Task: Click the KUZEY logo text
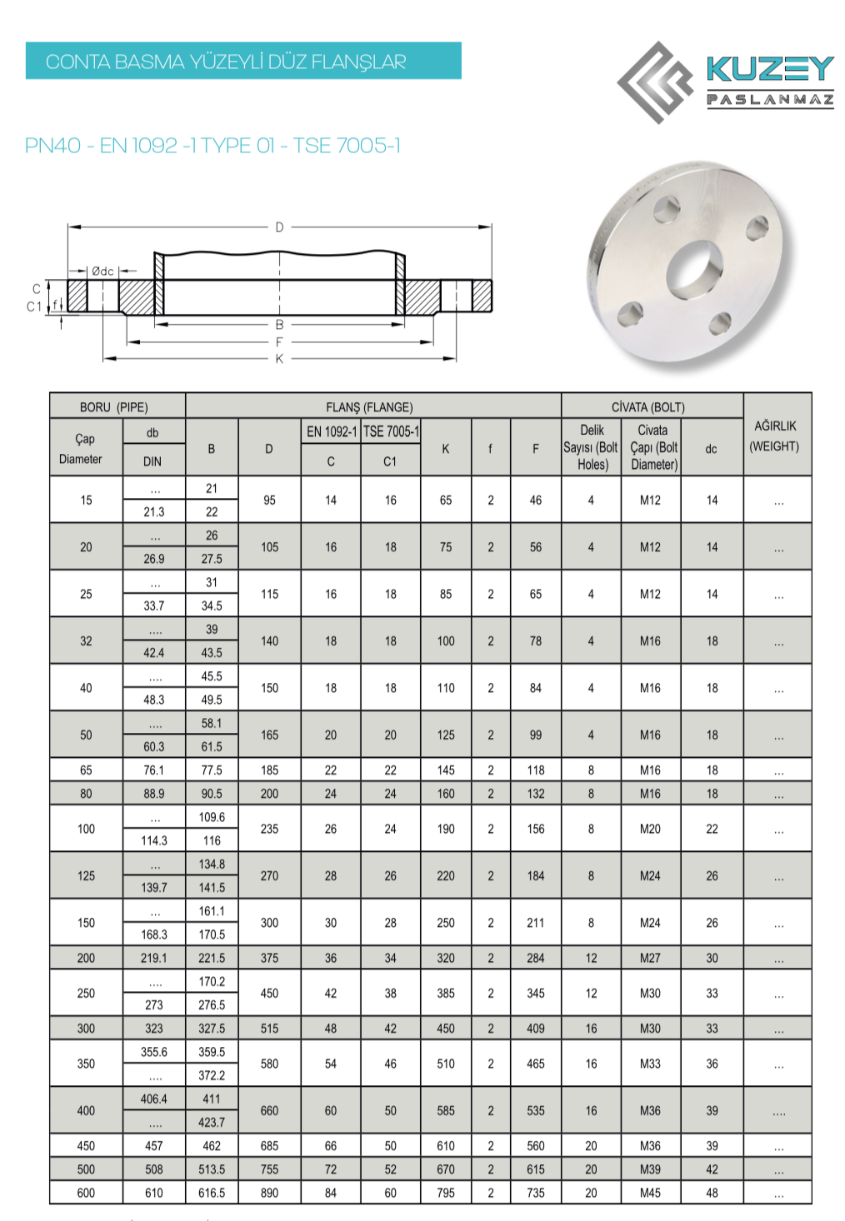point(770,68)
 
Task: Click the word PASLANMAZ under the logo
point(770,100)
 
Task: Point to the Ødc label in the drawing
point(102,271)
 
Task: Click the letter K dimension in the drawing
point(279,359)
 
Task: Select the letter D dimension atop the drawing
point(279,227)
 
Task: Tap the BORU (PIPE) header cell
point(113,407)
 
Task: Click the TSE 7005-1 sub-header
point(391,431)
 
